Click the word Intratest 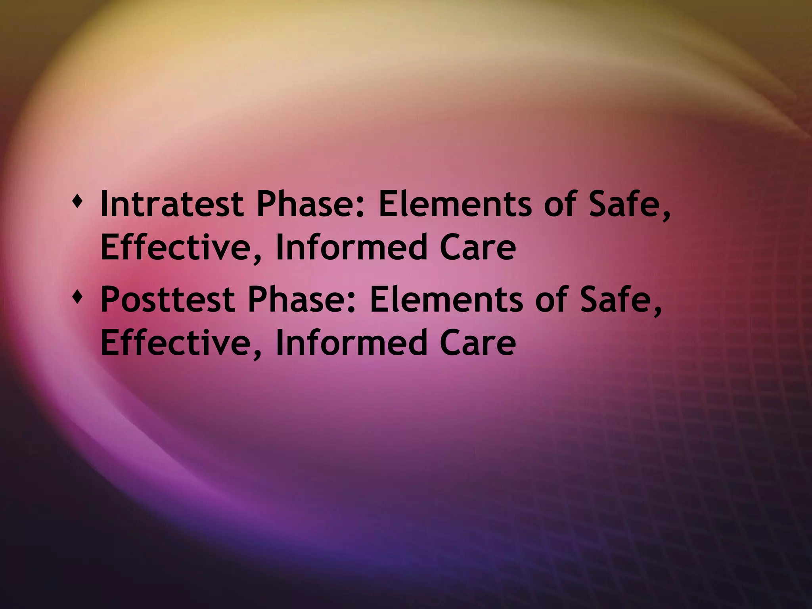pos(172,204)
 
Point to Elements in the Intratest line pos(454,204)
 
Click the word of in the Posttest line pos(551,300)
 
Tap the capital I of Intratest pos(104,204)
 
